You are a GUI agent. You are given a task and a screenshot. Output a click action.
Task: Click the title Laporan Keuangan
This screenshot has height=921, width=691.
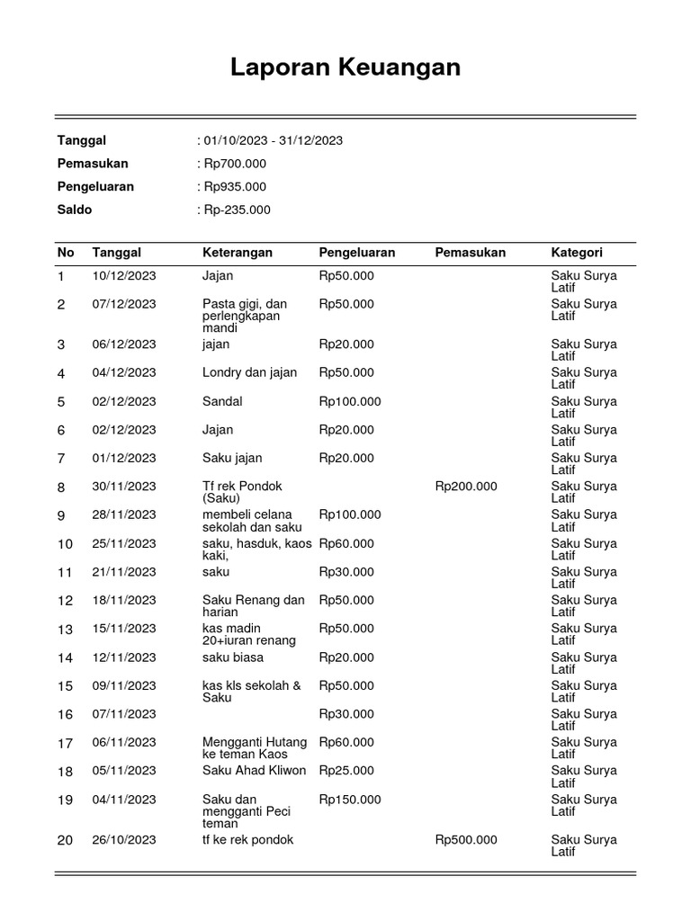(345, 67)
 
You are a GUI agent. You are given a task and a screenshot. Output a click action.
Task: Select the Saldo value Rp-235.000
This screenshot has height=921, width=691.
(236, 210)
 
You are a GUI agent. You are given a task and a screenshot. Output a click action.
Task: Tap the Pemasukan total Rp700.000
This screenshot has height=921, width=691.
(234, 164)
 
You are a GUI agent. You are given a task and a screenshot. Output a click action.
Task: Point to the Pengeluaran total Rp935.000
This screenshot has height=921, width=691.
(234, 187)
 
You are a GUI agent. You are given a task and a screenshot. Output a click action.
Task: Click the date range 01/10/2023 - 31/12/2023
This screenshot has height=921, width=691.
(273, 140)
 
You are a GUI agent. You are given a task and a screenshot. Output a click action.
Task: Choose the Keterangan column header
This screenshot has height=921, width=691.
(238, 253)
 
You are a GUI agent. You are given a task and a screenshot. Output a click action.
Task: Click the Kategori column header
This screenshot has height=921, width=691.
(577, 253)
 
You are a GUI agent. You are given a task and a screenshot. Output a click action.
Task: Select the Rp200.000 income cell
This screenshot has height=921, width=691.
(466, 487)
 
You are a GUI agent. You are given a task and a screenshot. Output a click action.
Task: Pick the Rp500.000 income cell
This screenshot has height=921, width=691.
(466, 840)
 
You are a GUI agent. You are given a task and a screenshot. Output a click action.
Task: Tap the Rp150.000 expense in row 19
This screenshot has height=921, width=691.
(350, 800)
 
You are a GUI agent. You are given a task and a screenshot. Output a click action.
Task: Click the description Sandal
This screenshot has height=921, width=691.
(222, 401)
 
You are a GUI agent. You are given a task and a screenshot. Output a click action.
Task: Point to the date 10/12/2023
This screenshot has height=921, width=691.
(124, 276)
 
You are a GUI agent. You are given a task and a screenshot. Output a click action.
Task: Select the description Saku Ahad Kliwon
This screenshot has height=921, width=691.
(255, 771)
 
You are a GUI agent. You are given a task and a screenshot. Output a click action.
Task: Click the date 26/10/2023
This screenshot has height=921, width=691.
(124, 840)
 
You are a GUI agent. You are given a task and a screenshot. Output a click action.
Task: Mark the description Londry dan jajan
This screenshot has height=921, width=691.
(250, 372)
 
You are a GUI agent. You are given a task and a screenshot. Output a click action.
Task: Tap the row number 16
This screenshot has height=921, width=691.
(65, 715)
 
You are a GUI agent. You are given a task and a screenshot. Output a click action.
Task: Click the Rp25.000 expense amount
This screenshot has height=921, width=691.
(346, 771)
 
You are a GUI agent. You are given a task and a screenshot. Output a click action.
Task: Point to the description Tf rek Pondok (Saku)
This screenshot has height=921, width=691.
(242, 492)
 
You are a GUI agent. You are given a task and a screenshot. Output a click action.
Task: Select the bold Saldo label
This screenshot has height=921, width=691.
(75, 210)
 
